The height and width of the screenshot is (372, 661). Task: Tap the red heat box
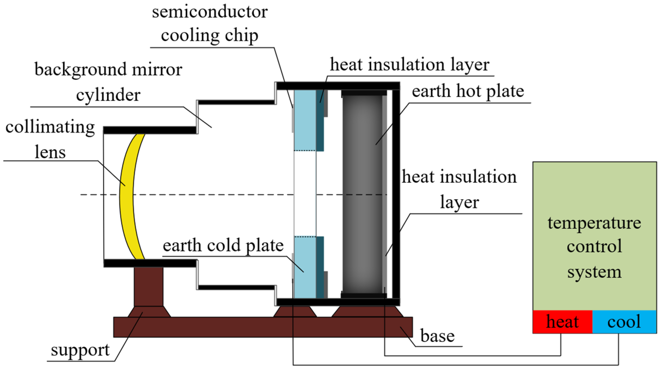coord(562,322)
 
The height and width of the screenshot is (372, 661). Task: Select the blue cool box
coord(624,322)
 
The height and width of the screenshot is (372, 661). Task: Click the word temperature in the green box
coord(594,223)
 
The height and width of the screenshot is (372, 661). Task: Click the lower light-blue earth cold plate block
coord(305,267)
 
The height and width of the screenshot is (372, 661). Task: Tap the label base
coord(437,336)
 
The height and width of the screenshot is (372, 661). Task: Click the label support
coord(80,350)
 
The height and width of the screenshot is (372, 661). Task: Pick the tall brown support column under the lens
coord(149,286)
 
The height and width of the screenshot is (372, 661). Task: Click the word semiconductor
coord(210,12)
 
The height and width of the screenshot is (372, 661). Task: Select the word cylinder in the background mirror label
coord(108,95)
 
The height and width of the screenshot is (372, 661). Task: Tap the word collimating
coord(50,127)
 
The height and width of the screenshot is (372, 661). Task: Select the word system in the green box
coord(594,272)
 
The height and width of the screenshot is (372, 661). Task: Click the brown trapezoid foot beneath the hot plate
coord(367,311)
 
